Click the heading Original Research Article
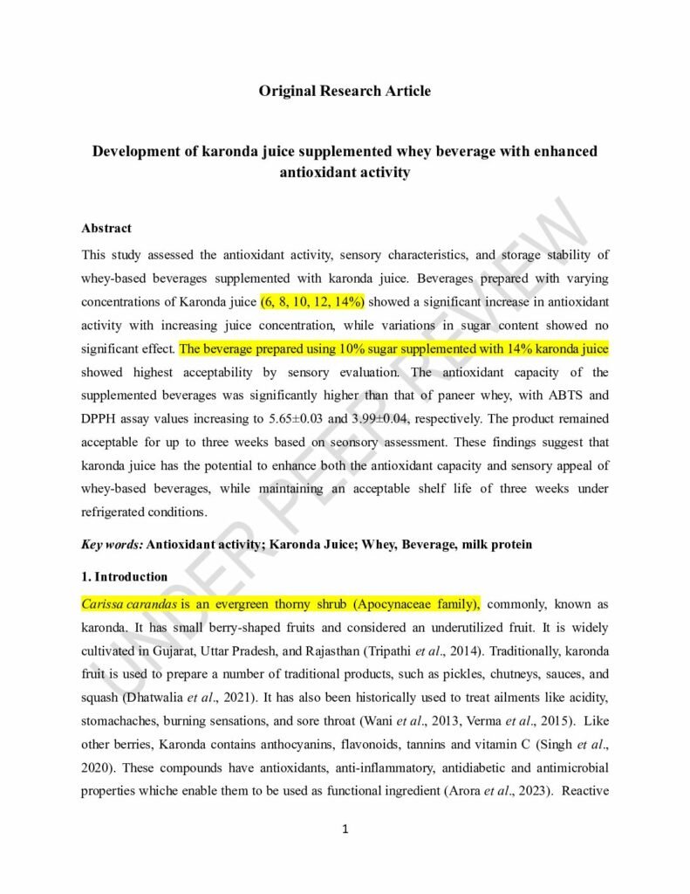click(x=345, y=91)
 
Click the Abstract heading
click(x=106, y=228)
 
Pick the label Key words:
click(x=112, y=544)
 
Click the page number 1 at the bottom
click(x=345, y=829)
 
